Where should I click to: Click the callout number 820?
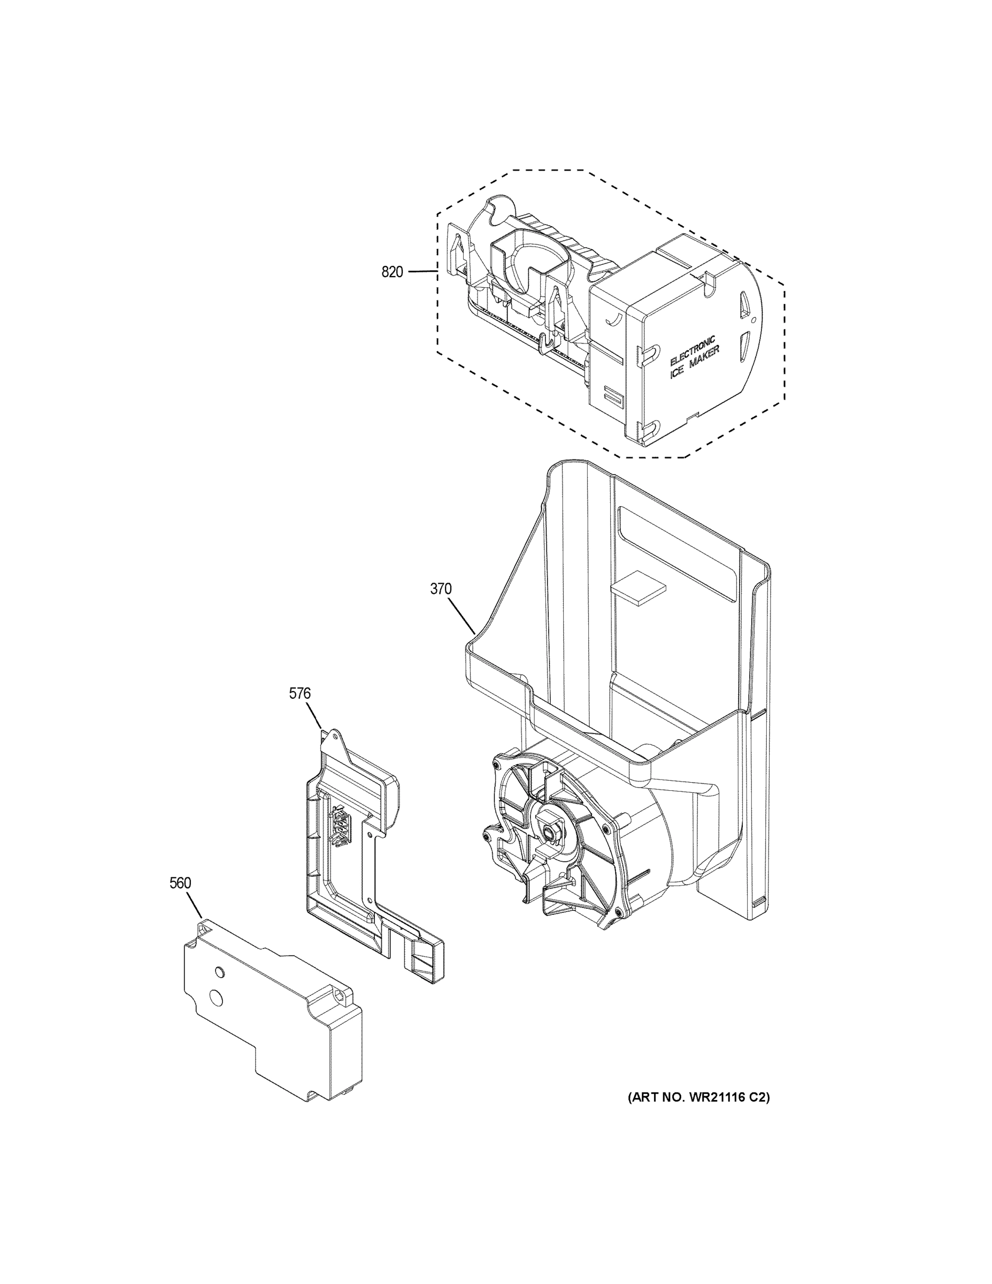coord(392,272)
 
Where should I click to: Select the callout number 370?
coord(441,588)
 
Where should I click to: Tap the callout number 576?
coord(299,694)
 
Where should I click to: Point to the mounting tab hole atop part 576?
coord(333,736)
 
